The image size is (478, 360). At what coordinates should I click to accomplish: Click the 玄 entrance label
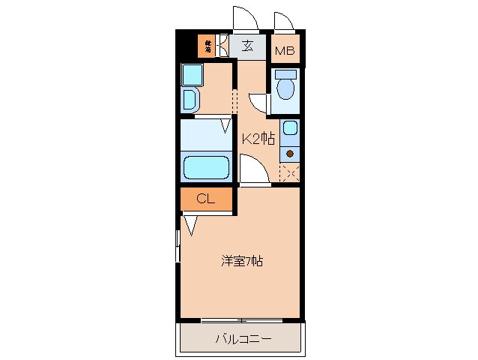pos(247,45)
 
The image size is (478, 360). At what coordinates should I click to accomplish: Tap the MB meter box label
pos(284,51)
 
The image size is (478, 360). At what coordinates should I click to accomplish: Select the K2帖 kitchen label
pos(257,139)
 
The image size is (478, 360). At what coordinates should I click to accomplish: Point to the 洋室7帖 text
pos(241,261)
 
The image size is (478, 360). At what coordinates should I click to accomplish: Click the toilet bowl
pos(285,88)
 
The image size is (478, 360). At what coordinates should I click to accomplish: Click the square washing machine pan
pos(193,74)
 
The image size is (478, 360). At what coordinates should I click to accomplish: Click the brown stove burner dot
pos(289,154)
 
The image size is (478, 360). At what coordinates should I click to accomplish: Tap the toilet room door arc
pos(258,103)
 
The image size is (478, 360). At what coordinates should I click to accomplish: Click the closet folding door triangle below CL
pos(191,223)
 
